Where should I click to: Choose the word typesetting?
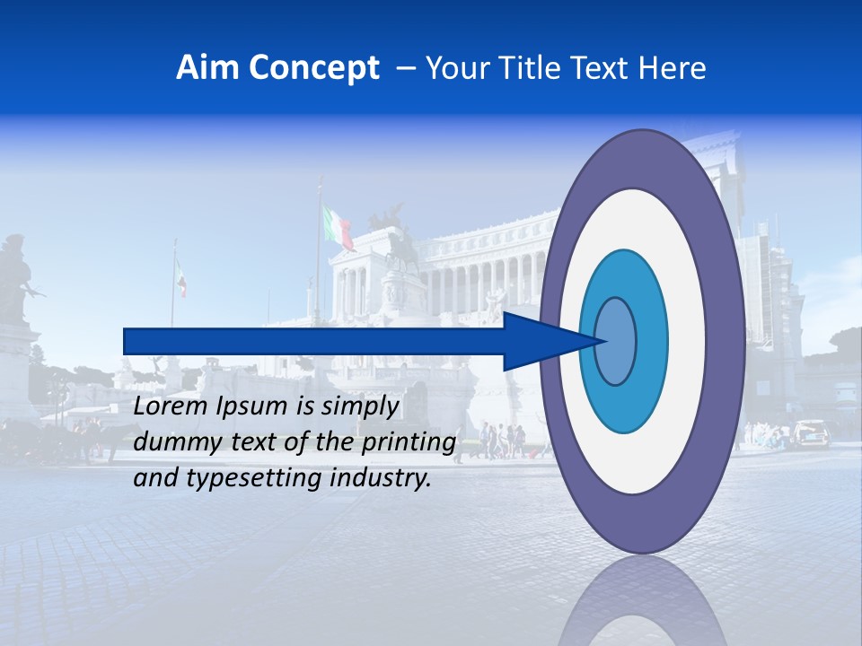tap(267, 479)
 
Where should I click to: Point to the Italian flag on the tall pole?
tap(339, 227)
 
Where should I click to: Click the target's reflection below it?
tap(642, 601)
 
